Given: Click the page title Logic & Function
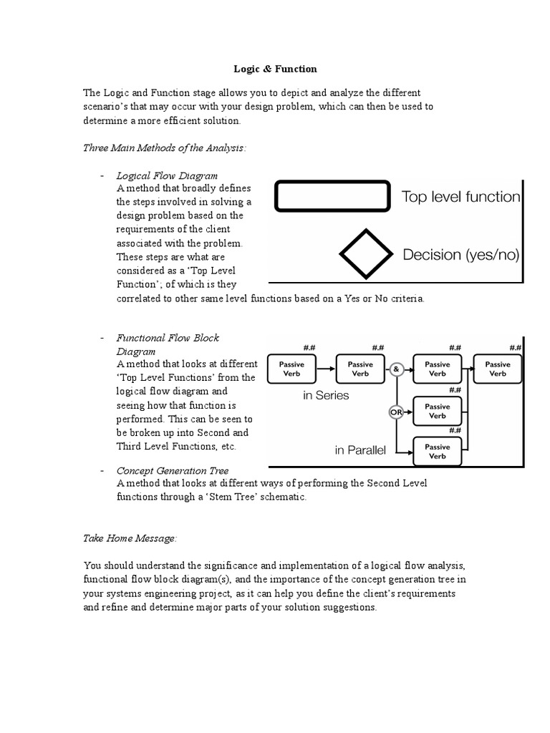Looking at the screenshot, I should (x=275, y=69).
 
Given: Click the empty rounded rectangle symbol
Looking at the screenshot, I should (x=332, y=197).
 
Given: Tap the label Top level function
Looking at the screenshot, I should (x=460, y=197).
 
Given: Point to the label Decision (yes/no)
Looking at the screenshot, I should (x=460, y=255).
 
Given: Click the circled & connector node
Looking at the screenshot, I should (x=397, y=369).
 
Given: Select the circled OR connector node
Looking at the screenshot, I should (x=395, y=412).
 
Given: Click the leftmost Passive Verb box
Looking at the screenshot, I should (x=291, y=369).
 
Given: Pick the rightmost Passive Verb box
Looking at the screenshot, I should (x=497, y=369).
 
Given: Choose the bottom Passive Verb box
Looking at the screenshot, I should (x=437, y=452).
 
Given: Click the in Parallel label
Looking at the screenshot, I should (x=360, y=450).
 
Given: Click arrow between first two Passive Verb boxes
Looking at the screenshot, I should (x=326, y=369).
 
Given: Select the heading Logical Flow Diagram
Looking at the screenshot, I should (x=167, y=175).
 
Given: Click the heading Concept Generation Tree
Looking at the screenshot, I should (x=173, y=470).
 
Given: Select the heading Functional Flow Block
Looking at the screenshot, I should (x=168, y=338).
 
